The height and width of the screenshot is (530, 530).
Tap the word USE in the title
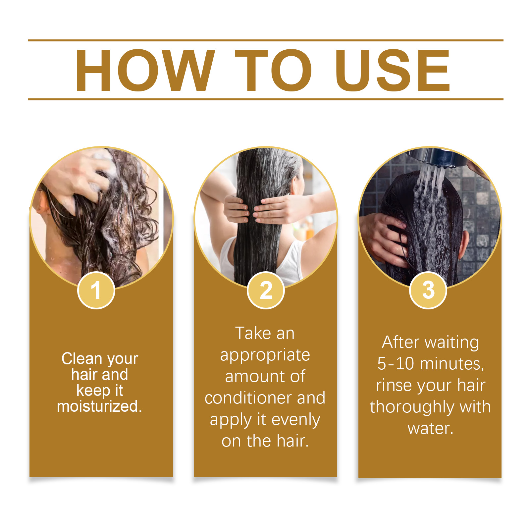click(x=393, y=70)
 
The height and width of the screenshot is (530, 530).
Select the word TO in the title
click(x=274, y=70)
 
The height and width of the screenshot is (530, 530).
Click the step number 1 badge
click(x=96, y=290)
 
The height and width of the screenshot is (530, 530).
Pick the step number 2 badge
click(x=266, y=290)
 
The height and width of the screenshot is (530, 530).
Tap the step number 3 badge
click(x=428, y=290)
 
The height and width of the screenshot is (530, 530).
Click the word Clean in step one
click(x=82, y=358)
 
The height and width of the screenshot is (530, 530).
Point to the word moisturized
click(x=99, y=406)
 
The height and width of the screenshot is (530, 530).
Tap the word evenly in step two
click(x=296, y=420)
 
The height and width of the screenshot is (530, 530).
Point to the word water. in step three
click(x=430, y=429)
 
